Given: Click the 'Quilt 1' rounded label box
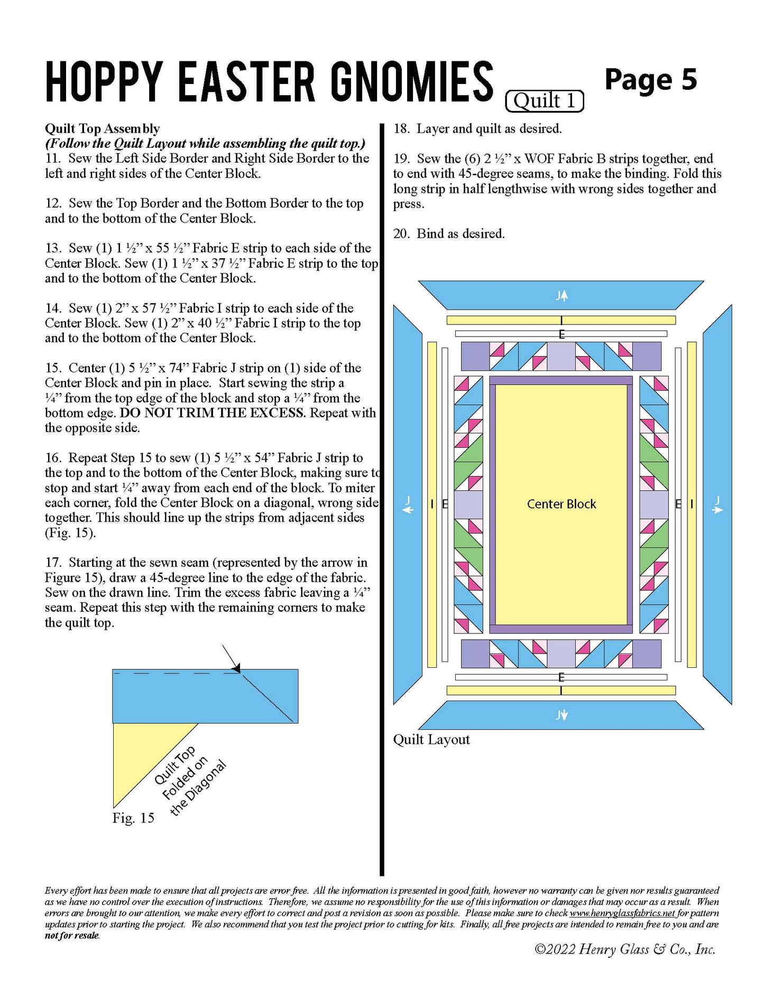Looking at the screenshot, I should [x=544, y=100].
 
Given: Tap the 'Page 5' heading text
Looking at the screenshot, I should [x=650, y=80].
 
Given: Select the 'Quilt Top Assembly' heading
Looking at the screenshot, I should [x=102, y=128].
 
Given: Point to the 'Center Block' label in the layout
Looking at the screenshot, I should [x=561, y=504].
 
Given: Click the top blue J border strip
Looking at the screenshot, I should [x=561, y=295].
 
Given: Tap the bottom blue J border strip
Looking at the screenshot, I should [x=561, y=715].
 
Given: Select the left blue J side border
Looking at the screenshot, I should [x=408, y=505].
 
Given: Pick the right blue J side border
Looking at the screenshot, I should [x=717, y=505].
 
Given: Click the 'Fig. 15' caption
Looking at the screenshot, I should [x=133, y=818].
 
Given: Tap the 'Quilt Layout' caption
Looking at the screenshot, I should [x=431, y=739].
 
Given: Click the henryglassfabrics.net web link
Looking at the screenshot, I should [x=622, y=912].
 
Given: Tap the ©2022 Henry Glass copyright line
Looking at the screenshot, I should [x=624, y=949].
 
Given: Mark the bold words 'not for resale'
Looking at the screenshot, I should [x=72, y=935].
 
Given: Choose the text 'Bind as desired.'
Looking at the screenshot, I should [x=460, y=234].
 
